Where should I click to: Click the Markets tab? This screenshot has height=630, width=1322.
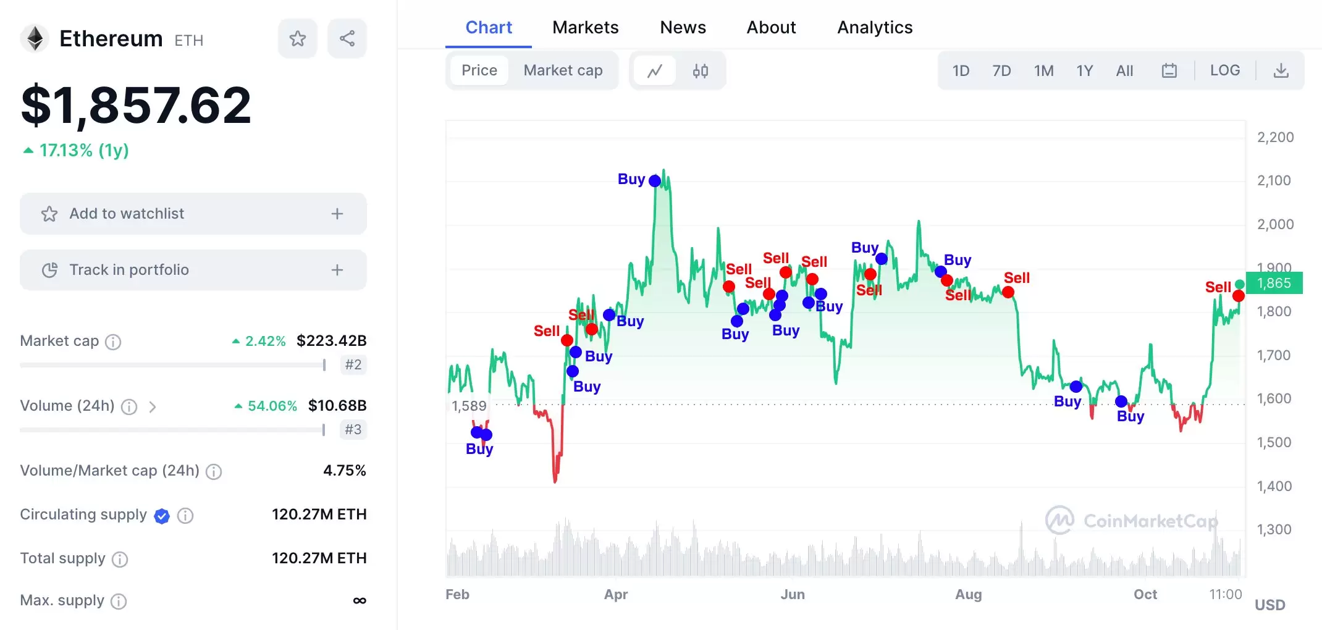click(x=585, y=28)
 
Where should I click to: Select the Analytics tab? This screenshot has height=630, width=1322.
click(x=875, y=28)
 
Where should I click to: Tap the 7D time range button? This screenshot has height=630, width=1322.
click(x=1001, y=71)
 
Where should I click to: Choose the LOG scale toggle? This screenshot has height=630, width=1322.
click(x=1224, y=70)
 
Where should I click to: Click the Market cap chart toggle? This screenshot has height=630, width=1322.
click(x=563, y=70)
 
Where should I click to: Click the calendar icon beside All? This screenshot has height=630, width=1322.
click(x=1169, y=71)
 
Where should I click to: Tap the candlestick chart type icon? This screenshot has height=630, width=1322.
click(x=700, y=71)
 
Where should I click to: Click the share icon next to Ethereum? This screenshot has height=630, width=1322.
click(x=347, y=39)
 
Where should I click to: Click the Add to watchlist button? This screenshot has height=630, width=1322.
click(x=193, y=214)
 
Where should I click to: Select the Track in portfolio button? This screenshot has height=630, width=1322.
click(x=193, y=270)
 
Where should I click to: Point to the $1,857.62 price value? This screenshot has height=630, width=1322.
click(x=137, y=106)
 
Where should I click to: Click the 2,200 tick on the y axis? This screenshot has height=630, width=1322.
click(x=1275, y=137)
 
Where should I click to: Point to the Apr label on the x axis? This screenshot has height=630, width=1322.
click(x=616, y=594)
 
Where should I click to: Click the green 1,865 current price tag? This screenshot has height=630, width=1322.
click(x=1274, y=283)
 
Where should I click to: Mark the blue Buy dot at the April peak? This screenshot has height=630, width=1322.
click(x=655, y=181)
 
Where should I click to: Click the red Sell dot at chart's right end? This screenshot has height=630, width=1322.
click(x=1238, y=296)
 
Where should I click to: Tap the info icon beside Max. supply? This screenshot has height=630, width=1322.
click(x=119, y=601)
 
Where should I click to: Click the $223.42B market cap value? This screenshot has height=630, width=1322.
click(x=331, y=341)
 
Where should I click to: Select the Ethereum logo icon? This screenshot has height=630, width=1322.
click(x=35, y=39)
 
